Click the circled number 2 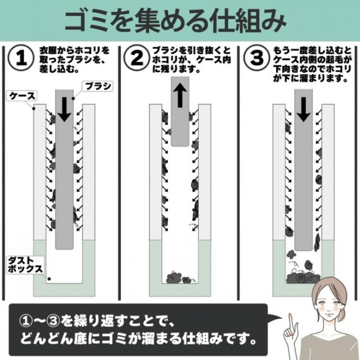coord(137,58)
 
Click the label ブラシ coord(97,86)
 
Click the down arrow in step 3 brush coord(303,108)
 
